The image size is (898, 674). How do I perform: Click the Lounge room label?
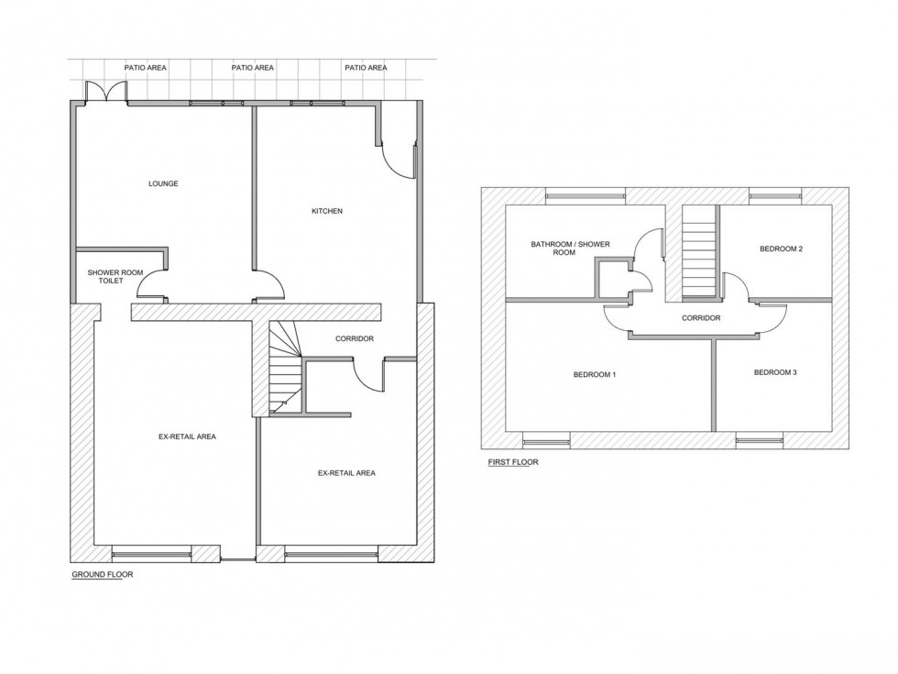(163, 183)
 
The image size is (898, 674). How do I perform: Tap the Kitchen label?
(327, 211)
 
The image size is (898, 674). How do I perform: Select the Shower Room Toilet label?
(109, 276)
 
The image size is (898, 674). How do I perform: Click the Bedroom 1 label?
(595, 374)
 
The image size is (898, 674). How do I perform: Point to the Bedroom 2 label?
(781, 249)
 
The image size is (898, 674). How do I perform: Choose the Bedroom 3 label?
(775, 372)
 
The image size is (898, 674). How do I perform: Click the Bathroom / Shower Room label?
(570, 248)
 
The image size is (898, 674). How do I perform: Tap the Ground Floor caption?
(103, 575)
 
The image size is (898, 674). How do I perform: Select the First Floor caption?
(513, 462)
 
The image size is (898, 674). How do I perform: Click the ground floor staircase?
(285, 367)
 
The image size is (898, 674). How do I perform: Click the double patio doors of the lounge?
(104, 92)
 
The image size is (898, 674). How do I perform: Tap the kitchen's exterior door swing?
(400, 158)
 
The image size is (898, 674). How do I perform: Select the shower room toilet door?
(151, 286)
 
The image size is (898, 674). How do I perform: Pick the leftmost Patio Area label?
(146, 68)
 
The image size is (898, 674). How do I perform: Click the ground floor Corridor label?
(355, 339)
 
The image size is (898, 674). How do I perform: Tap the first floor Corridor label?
(701, 318)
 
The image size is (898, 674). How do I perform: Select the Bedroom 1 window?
(547, 439)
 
